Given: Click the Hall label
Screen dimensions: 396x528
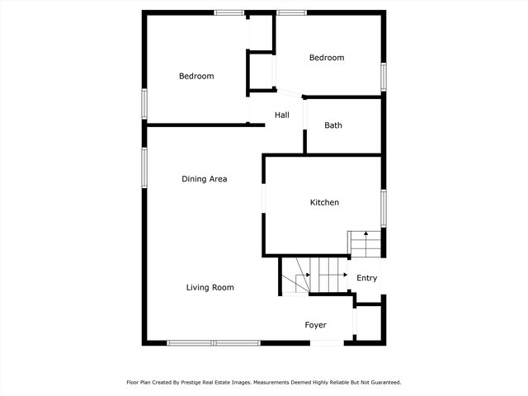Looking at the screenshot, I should (281, 115).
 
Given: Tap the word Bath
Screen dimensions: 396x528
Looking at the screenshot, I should (332, 125).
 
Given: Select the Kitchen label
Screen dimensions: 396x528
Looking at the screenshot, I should (324, 202).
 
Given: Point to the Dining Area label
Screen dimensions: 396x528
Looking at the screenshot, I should (204, 178).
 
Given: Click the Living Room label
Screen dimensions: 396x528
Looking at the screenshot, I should (210, 287).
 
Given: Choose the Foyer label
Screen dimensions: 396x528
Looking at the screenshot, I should (315, 325).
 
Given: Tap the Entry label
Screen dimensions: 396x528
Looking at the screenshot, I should (366, 278).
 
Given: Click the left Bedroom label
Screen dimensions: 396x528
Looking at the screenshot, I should (196, 76).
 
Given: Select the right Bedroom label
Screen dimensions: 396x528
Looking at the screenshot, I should (326, 58).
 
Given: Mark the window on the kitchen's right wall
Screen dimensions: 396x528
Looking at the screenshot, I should (383, 208).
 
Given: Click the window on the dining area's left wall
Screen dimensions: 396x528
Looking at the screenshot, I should (144, 167).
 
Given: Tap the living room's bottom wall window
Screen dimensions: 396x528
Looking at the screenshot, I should (213, 342).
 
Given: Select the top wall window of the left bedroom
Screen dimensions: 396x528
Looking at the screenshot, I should (229, 12).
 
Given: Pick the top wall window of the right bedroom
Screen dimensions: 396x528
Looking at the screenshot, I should (291, 12).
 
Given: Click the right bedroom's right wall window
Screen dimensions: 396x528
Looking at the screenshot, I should (383, 76).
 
